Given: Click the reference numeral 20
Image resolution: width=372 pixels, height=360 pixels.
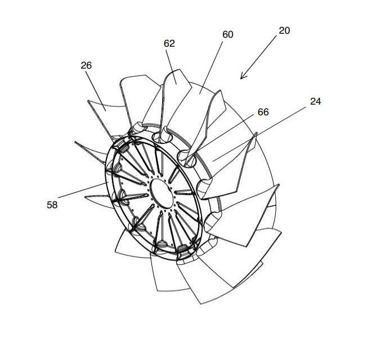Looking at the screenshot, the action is click(x=284, y=30).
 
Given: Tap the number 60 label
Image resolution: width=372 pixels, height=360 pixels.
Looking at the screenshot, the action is click(x=228, y=35).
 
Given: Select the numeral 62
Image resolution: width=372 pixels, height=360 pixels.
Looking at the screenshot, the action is click(x=169, y=43).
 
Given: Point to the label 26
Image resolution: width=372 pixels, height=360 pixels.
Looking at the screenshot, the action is click(x=86, y=65).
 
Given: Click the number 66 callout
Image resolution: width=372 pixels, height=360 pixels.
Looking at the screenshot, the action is click(x=263, y=112).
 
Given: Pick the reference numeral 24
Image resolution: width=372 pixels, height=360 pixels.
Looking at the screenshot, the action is click(x=316, y=101).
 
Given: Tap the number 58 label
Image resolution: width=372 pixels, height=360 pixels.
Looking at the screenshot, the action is click(x=52, y=205).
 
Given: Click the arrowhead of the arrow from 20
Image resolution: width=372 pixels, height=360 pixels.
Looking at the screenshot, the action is click(x=243, y=76).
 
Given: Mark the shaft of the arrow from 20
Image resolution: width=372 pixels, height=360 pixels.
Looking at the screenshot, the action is click(x=258, y=57).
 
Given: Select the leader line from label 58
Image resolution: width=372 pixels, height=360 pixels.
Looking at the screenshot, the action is click(x=82, y=190).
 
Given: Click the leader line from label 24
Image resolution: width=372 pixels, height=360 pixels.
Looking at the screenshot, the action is click(x=259, y=134).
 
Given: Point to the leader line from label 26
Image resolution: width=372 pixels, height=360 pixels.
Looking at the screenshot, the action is click(x=96, y=91).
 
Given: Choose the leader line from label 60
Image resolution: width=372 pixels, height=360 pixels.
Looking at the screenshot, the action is click(x=211, y=68).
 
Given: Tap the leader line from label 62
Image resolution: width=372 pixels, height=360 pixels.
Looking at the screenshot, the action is click(x=171, y=66).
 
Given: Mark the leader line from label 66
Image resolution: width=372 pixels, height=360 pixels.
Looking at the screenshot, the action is click(x=225, y=134).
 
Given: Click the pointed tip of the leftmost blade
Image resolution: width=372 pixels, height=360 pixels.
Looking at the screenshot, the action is click(x=75, y=142).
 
